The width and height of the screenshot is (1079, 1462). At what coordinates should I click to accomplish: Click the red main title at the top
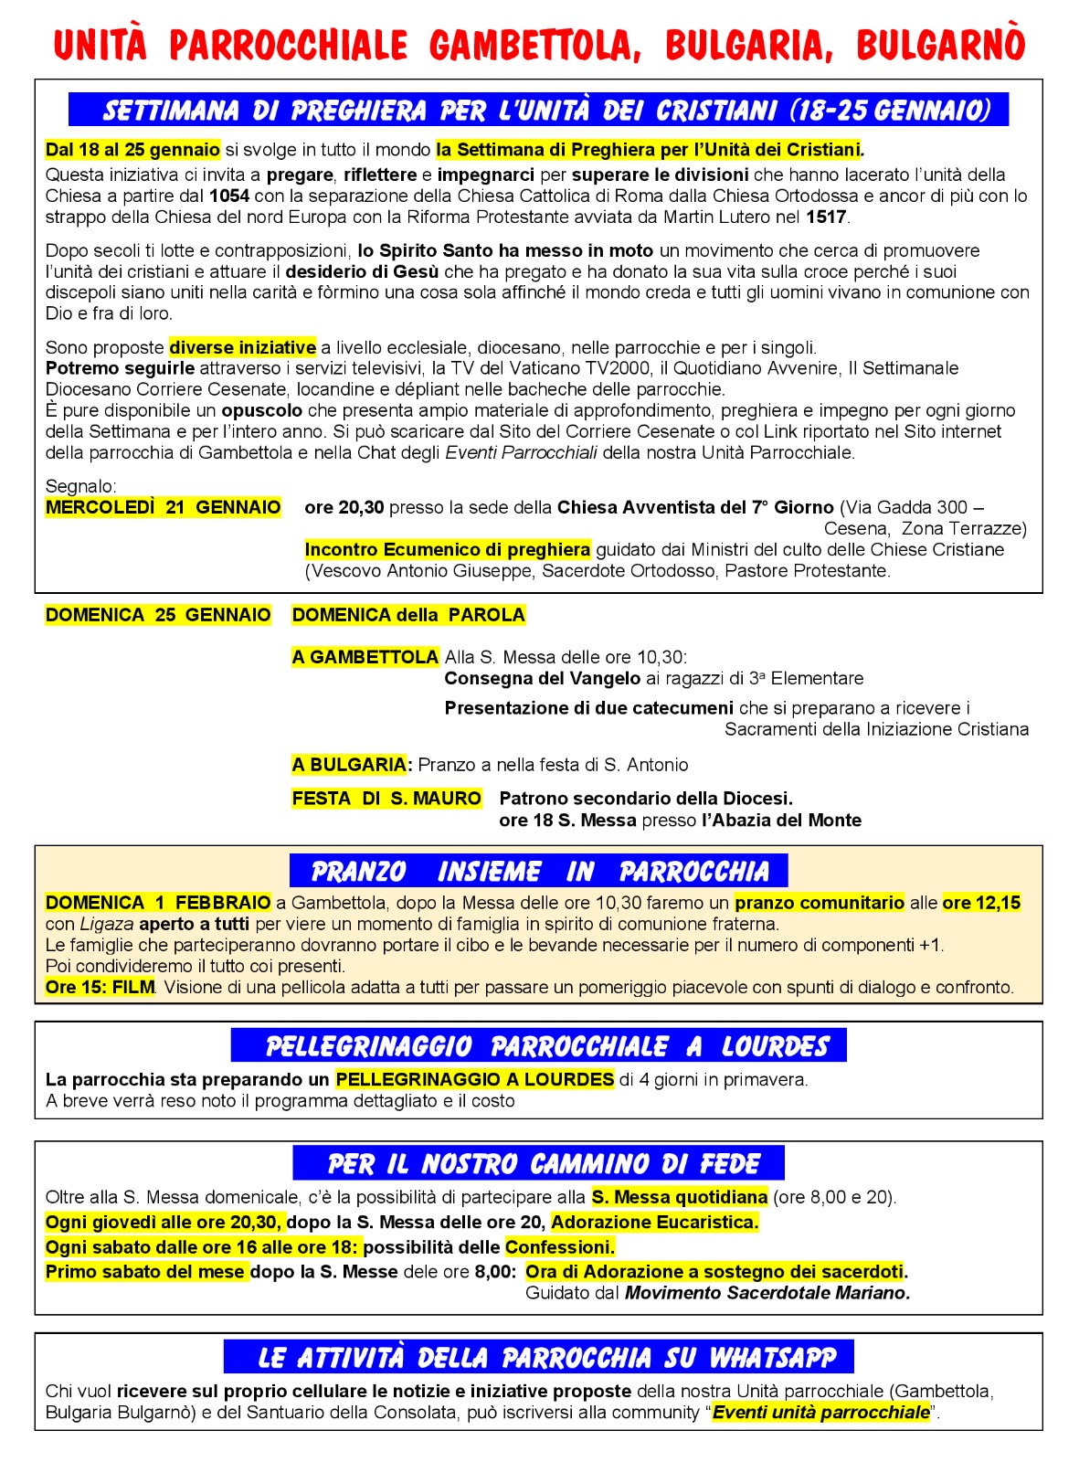[539, 45]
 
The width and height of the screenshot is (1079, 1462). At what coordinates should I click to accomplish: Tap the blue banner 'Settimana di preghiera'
[538, 110]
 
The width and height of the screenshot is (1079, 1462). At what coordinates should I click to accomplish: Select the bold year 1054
[228, 196]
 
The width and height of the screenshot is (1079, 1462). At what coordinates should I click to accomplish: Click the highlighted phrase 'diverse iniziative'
[242, 347]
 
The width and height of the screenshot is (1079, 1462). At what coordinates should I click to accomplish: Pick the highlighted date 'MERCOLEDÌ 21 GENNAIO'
[164, 507]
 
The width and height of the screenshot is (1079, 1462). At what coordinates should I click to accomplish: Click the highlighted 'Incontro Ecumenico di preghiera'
[447, 549]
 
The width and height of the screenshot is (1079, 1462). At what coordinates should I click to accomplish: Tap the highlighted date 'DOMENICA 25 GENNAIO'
[158, 615]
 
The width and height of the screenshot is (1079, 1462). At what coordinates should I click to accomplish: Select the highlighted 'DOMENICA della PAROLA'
[408, 615]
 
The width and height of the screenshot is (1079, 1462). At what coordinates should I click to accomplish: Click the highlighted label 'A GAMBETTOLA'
[365, 657]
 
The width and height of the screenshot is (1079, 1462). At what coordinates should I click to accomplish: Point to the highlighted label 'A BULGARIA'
[349, 765]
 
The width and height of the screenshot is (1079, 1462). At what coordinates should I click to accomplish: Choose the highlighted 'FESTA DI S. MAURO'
[386, 799]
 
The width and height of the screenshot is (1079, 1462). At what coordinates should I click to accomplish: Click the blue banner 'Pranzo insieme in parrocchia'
[539, 871]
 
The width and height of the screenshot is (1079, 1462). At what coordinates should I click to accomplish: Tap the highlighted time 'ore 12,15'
[981, 903]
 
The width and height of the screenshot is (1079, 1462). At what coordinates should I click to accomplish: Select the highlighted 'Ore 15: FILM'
[100, 987]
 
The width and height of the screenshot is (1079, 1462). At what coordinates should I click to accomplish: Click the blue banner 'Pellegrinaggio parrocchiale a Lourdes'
[538, 1045]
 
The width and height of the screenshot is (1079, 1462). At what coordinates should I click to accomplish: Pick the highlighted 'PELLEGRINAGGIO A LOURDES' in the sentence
[474, 1079]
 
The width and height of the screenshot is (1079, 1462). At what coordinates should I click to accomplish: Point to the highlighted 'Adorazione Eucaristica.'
[654, 1222]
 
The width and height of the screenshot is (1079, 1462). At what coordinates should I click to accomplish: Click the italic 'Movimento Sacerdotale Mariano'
[766, 1293]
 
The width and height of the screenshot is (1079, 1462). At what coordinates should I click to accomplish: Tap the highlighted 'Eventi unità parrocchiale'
[820, 1413]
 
